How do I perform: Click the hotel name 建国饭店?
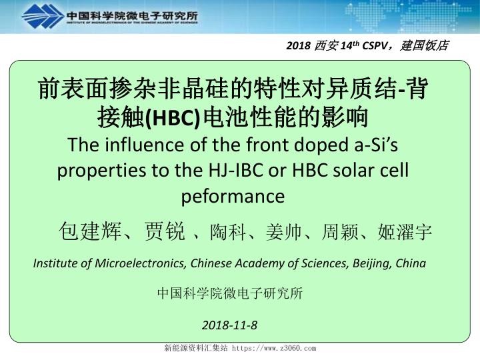click(427, 46)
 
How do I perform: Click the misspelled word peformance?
click(233, 196)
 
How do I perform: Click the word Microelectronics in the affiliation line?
click(138, 263)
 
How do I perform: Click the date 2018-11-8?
click(229, 325)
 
